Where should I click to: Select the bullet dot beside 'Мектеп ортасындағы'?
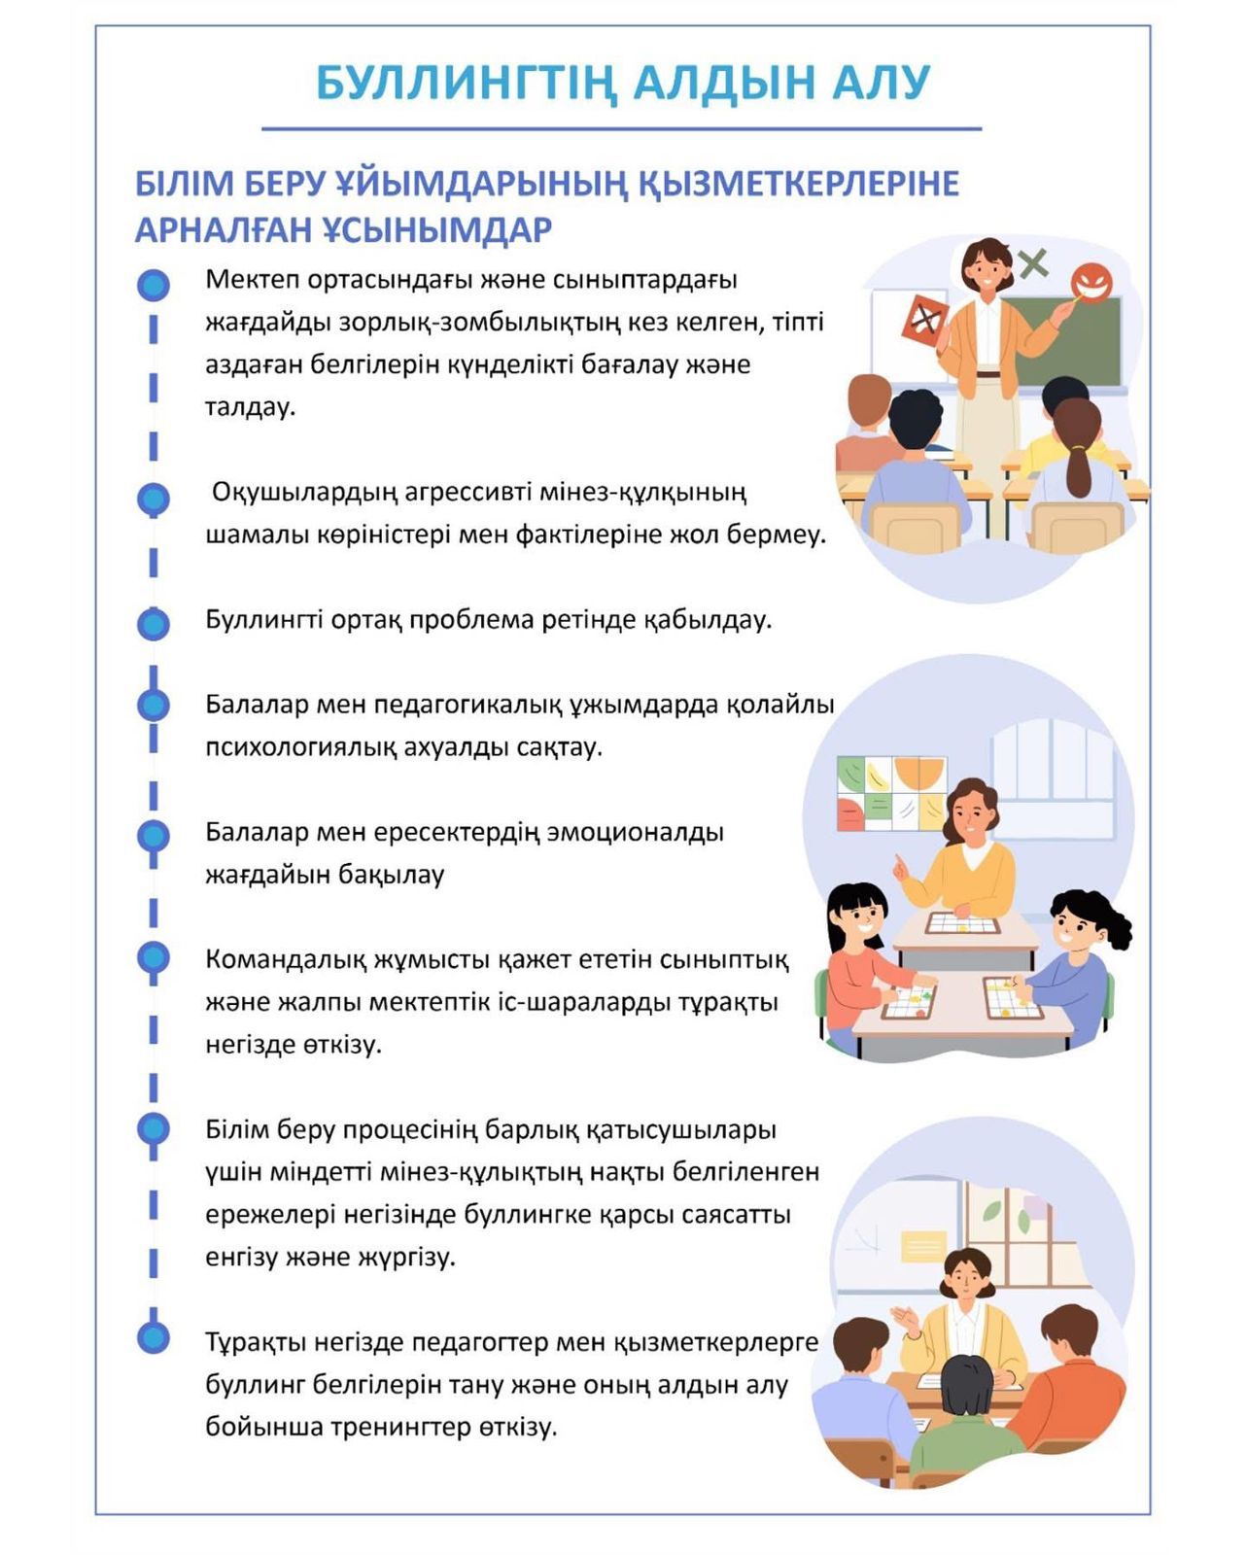153,285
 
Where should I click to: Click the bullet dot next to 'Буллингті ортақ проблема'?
153,623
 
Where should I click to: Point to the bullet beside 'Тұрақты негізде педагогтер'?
153,1337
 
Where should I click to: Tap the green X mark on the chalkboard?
1033,261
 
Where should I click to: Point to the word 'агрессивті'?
455,492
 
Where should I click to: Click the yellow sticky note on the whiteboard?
922,1246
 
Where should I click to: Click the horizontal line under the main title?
622,128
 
